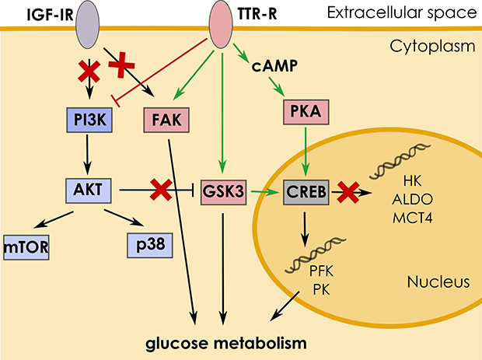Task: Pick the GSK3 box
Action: click(223, 188)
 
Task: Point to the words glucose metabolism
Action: click(225, 341)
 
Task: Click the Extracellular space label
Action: click(413, 12)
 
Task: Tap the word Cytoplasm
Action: click(441, 47)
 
